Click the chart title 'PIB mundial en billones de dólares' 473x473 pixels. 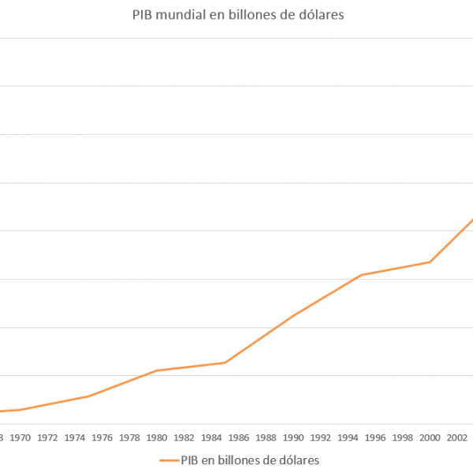(238, 15)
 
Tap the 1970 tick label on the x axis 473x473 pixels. (20, 437)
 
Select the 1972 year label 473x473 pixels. (47, 437)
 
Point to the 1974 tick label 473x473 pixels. (75, 437)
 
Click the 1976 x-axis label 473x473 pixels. (102, 437)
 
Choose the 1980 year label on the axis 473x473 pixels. (157, 437)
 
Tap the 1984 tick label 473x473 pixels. (211, 437)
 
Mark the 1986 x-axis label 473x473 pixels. (239, 437)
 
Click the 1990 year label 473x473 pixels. (293, 437)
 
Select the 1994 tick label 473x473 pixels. (348, 437)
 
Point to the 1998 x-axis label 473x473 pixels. (402, 437)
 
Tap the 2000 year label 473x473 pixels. (430, 437)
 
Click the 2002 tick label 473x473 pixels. (457, 437)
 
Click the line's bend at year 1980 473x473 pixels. (157, 371)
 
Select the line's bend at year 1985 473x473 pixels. (225, 363)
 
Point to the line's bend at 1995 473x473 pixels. (361, 274)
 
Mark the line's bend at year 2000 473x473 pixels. (430, 262)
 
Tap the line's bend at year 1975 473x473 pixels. (89, 396)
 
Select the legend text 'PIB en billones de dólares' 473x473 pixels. (250, 459)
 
